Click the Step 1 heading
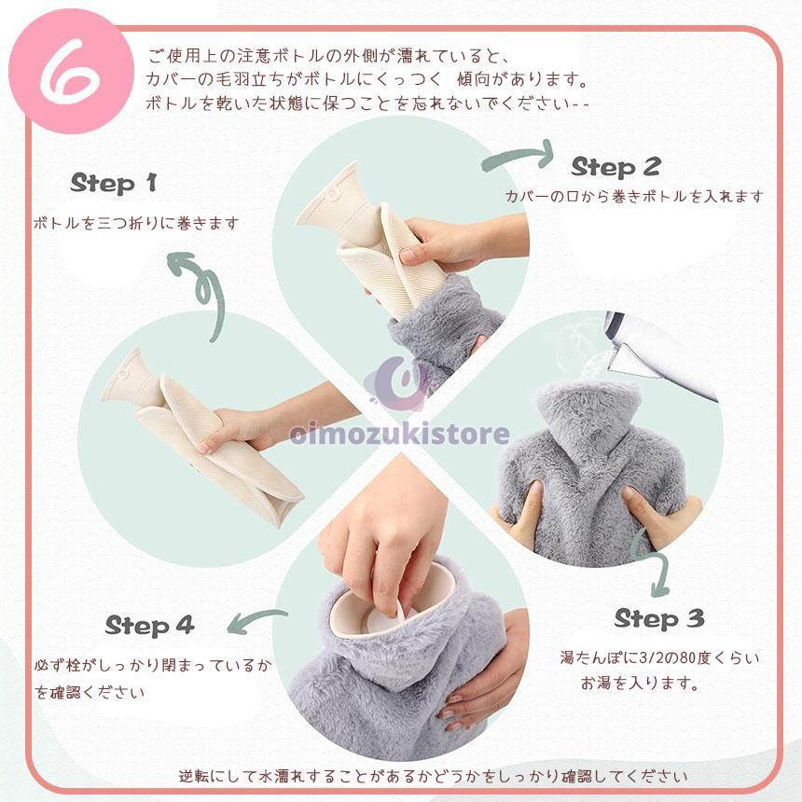[114, 183]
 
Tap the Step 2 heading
[615, 167]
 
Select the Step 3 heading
[659, 619]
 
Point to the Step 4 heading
[149, 625]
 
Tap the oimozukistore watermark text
[399, 435]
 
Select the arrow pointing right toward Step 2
[519, 156]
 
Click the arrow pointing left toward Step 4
[256, 620]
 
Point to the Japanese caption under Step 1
[135, 224]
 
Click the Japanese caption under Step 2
[634, 197]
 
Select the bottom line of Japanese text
[433, 777]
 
